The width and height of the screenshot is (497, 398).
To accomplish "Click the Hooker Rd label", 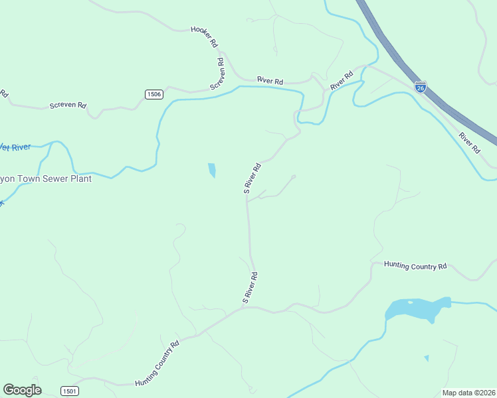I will [x=205, y=36].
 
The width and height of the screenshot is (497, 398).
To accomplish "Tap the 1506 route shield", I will [x=154, y=94].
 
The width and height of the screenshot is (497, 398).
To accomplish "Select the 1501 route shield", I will [x=70, y=391].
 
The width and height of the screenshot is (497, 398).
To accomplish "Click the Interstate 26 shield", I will [x=420, y=87].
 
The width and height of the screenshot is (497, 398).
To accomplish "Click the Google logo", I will [x=22, y=390].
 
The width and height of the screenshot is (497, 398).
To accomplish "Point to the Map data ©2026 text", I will [x=468, y=393].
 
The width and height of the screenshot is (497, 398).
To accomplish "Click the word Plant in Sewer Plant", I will [x=96, y=178].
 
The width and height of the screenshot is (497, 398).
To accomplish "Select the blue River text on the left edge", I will [x=20, y=147].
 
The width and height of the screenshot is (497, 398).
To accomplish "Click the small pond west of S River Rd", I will [x=212, y=170].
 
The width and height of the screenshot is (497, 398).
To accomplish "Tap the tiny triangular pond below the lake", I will [x=427, y=358].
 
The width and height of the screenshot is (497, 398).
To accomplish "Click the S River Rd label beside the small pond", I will [x=252, y=178].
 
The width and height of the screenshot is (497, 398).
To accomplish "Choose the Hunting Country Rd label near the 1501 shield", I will [x=157, y=364].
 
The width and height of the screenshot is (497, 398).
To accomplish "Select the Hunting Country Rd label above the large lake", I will [x=415, y=266].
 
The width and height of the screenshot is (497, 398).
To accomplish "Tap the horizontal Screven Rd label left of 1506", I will [x=68, y=105].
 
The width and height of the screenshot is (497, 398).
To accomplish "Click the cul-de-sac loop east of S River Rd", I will [x=293, y=176].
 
